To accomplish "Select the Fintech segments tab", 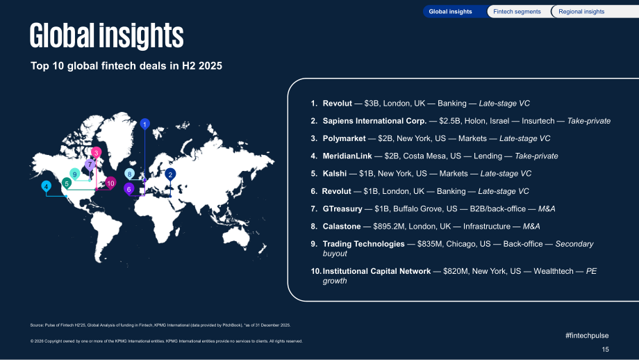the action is click(x=517, y=11).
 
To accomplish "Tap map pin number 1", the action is click(x=144, y=124).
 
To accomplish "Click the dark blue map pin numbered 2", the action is click(x=170, y=175).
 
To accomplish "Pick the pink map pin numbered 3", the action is click(x=96, y=153).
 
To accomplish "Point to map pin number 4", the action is click(x=47, y=187).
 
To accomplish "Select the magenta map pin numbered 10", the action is click(x=110, y=183).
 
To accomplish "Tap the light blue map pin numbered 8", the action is click(x=130, y=174).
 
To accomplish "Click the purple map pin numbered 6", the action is click(x=128, y=189).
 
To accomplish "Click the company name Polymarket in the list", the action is click(x=344, y=138).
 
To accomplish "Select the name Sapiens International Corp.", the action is click(x=374, y=121).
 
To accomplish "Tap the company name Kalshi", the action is click(x=335, y=174).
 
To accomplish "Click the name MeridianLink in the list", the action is click(x=347, y=156).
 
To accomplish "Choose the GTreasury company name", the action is click(x=342, y=208).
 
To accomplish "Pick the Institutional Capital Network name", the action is click(x=376, y=271).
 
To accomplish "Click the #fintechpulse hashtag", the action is click(x=587, y=336).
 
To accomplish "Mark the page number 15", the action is click(x=605, y=350).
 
